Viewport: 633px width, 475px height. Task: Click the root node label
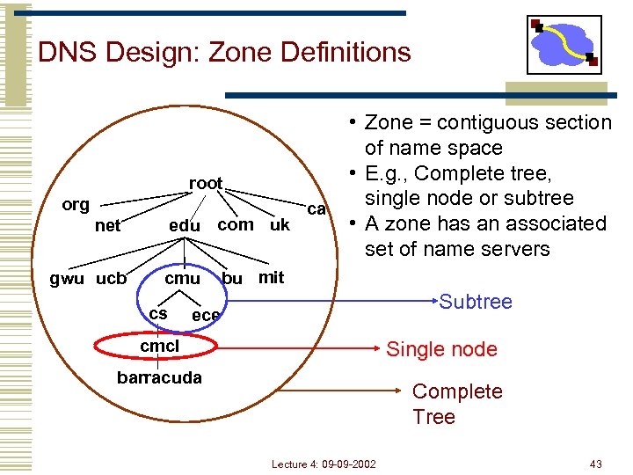[x=206, y=183]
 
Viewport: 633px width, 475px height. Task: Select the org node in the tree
[x=76, y=205]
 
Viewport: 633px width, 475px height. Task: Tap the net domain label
[x=107, y=226]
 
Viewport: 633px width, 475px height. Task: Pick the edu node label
[x=184, y=226]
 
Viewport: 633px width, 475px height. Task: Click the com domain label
[x=235, y=224]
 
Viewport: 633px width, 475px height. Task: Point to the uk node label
[x=280, y=224]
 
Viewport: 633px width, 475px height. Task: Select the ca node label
[x=316, y=209]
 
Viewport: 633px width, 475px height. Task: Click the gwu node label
[x=67, y=279]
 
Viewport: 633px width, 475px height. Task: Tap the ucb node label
[x=111, y=279]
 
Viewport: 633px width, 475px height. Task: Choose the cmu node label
[x=183, y=279]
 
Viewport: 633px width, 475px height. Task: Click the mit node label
[x=271, y=278]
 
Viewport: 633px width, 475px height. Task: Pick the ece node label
[x=206, y=315]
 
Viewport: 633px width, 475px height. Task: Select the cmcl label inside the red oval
[x=159, y=347]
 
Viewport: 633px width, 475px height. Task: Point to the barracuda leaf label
[x=159, y=377]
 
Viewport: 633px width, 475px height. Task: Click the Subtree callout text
[x=475, y=302]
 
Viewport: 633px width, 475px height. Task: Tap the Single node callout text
[x=441, y=349]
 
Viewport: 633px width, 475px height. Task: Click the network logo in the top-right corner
[x=564, y=45]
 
